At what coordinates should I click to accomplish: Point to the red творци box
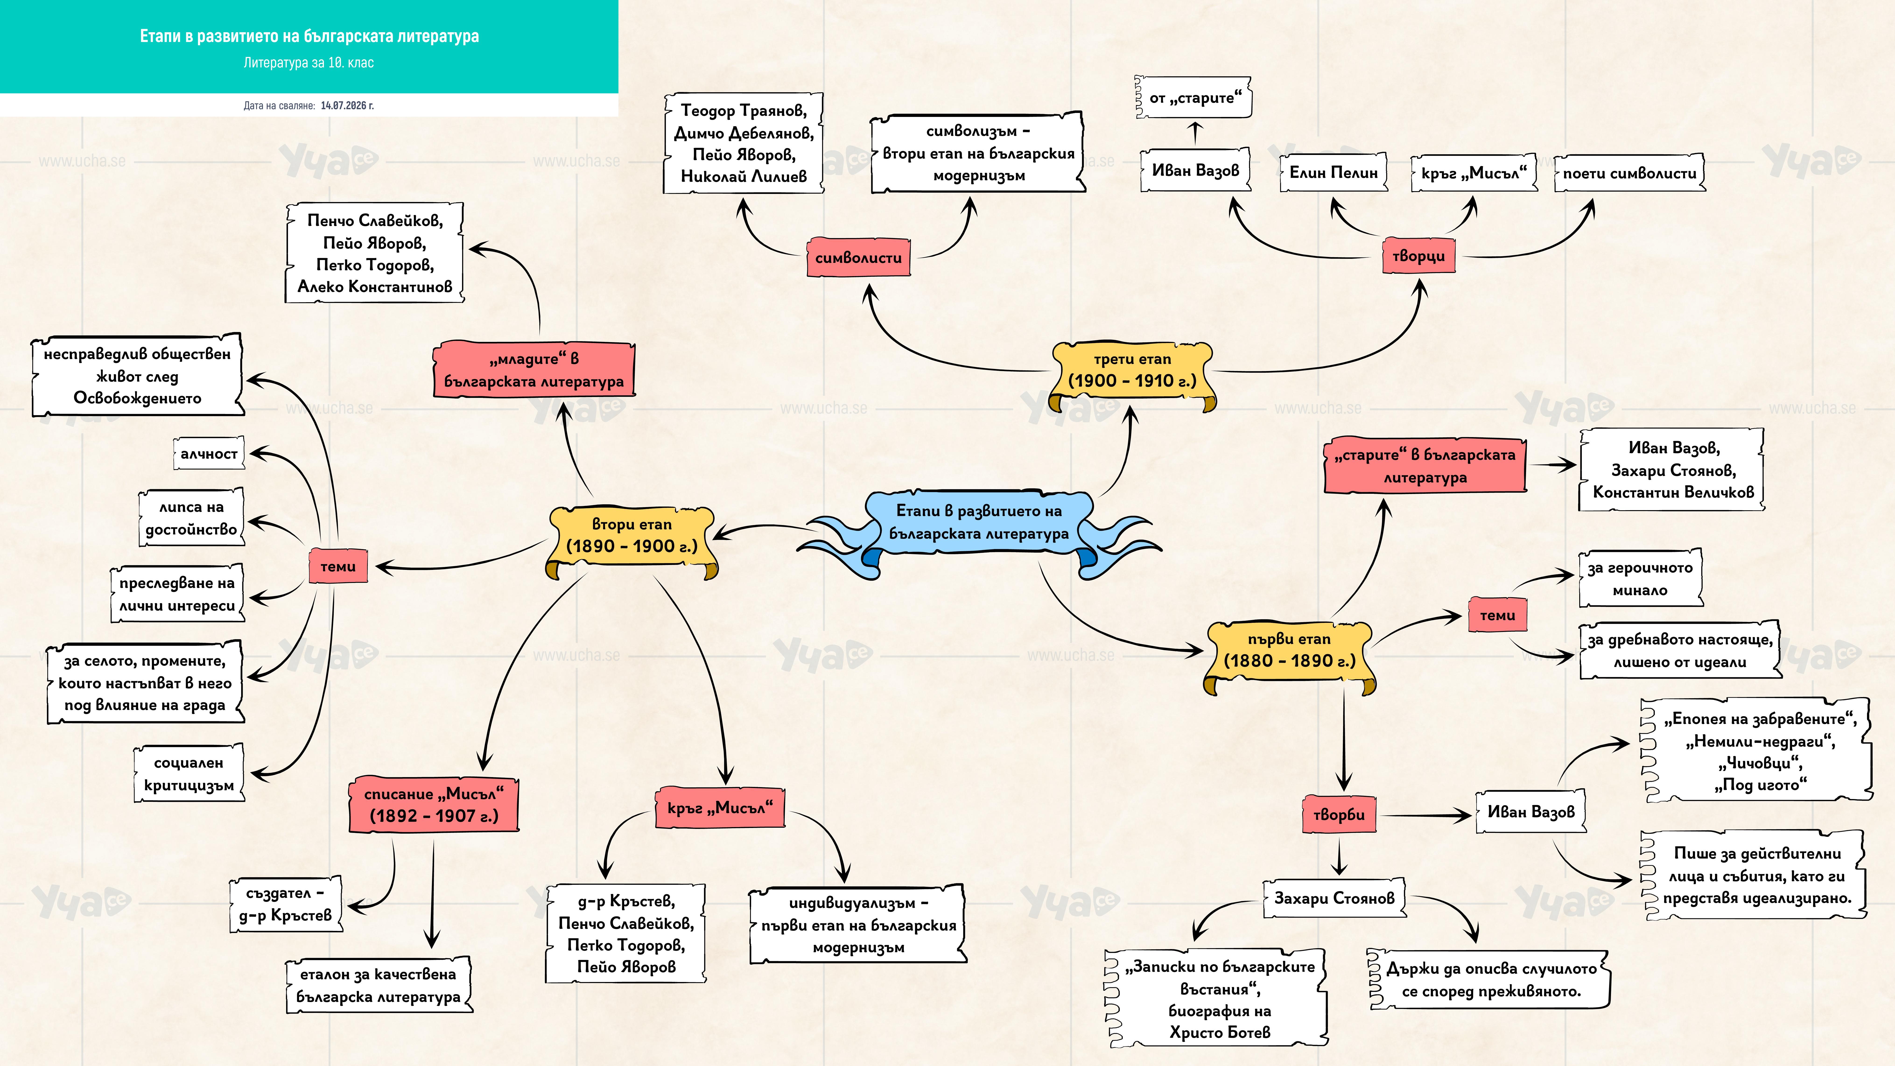coord(1418,256)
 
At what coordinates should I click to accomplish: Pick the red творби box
coord(1339,814)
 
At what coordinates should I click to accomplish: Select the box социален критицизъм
coord(189,774)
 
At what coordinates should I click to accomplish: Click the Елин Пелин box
coord(1334,173)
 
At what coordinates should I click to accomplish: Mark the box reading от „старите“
coord(1195,98)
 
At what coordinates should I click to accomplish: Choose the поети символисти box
coord(1629,174)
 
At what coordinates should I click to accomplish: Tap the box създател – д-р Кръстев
coord(285,904)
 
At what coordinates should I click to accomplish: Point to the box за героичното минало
coord(1640,578)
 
